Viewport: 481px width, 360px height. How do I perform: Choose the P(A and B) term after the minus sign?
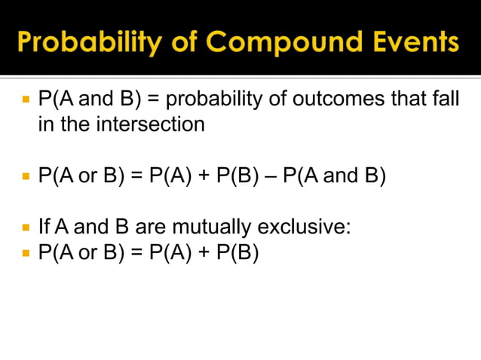335,177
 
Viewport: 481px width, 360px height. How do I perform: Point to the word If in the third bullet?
44,226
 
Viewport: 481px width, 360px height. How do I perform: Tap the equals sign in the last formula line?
136,252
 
